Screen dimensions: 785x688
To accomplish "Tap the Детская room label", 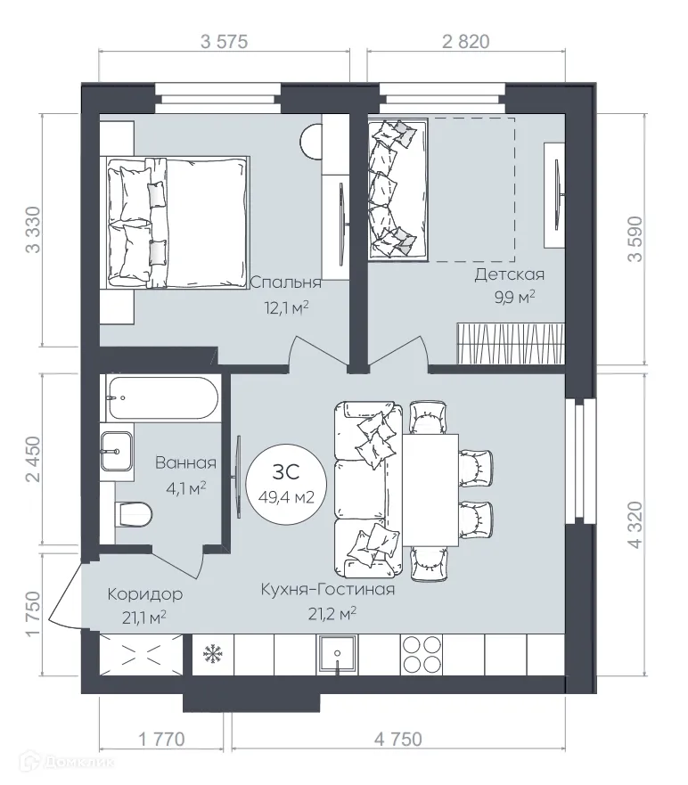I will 509,274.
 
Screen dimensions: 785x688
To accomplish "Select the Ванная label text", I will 185,462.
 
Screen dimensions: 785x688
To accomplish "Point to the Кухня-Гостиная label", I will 327,589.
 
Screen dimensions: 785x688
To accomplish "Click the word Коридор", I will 145,594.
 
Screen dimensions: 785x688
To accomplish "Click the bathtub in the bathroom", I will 162,398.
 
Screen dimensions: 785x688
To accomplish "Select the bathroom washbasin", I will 117,453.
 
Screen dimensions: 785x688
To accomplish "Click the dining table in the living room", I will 430,489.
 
